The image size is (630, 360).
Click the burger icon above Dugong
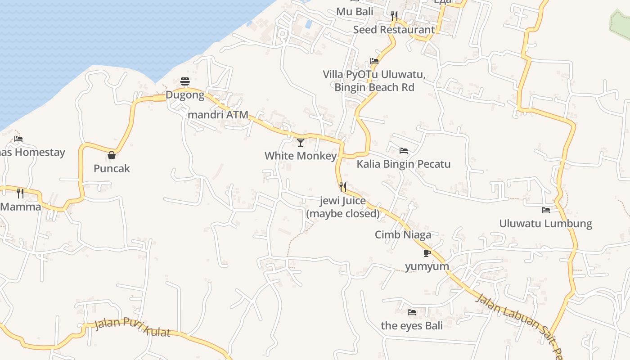185,81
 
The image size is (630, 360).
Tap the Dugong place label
185,95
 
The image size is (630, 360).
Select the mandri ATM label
218,115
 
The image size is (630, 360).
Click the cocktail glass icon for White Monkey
301,143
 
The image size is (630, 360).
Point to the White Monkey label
301,156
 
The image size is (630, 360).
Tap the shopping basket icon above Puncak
112,155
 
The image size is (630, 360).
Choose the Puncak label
112,168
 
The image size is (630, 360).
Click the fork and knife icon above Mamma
20,193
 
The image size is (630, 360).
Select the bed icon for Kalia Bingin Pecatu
404,151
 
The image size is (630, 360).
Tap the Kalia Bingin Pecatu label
404,164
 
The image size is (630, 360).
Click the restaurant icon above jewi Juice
343,187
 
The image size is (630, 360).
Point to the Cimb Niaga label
403,234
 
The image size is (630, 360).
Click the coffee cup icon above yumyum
427,253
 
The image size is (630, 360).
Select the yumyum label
427,266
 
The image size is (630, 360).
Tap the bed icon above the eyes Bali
412,312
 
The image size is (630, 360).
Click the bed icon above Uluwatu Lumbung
546,210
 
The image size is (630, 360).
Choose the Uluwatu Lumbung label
546,224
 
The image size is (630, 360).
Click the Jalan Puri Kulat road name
133,328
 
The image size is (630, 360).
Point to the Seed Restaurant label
394,30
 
